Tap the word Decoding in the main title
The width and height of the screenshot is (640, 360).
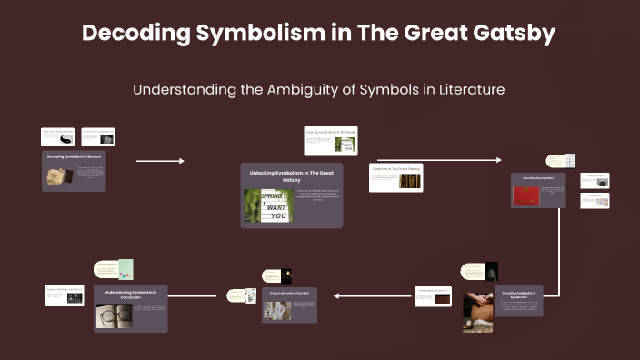(128, 34)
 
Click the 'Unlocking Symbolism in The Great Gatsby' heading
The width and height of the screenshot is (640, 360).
(292, 175)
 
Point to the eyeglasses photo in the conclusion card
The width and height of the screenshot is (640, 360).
(114, 315)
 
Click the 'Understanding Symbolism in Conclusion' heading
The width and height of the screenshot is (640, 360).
(130, 295)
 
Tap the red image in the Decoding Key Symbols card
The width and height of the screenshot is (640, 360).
(526, 196)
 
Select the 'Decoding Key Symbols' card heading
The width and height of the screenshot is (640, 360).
(538, 178)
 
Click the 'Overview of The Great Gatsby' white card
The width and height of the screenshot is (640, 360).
(395, 177)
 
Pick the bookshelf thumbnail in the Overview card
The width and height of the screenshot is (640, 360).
(410, 181)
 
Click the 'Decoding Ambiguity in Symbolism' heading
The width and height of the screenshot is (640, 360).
(517, 295)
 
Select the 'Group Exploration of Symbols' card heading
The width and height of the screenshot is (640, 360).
(291, 294)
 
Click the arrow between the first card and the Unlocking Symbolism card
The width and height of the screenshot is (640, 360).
(160, 161)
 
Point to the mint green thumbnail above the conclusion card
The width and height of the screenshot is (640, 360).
(125, 269)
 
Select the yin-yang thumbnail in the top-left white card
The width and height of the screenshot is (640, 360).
(65, 138)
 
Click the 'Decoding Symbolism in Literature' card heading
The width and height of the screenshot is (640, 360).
(75, 156)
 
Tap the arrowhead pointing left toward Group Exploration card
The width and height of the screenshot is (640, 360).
(337, 295)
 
